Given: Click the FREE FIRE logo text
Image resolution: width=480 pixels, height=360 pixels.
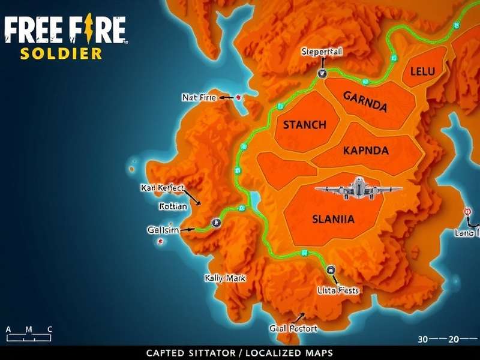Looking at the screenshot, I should [x=65, y=30].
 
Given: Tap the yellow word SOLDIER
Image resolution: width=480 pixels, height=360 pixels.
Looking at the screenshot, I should [x=61, y=53].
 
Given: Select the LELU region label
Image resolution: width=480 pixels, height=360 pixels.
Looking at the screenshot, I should [x=422, y=71].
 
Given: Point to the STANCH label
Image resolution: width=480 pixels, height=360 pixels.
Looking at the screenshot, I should [x=304, y=125].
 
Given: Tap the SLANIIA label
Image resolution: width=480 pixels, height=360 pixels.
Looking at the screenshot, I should [x=334, y=220].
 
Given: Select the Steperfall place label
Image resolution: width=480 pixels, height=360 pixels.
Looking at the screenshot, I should [x=322, y=52].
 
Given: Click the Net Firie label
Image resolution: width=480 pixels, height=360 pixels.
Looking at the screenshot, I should [x=199, y=97].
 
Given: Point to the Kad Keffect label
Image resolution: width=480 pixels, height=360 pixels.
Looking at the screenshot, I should [x=163, y=188].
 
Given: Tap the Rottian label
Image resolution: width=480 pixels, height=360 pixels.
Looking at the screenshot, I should [x=173, y=206].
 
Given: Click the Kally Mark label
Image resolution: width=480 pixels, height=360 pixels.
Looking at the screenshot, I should [x=225, y=278].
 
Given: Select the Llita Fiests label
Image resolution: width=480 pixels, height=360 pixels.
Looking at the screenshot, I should [x=337, y=290].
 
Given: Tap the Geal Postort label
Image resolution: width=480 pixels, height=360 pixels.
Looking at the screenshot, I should [x=293, y=329].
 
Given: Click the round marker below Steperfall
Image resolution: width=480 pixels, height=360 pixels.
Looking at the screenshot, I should [x=321, y=73].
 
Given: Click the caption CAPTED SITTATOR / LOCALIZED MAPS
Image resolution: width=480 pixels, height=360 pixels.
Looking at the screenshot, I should [x=240, y=353].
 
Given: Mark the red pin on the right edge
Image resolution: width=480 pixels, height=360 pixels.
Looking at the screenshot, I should [x=467, y=211].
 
